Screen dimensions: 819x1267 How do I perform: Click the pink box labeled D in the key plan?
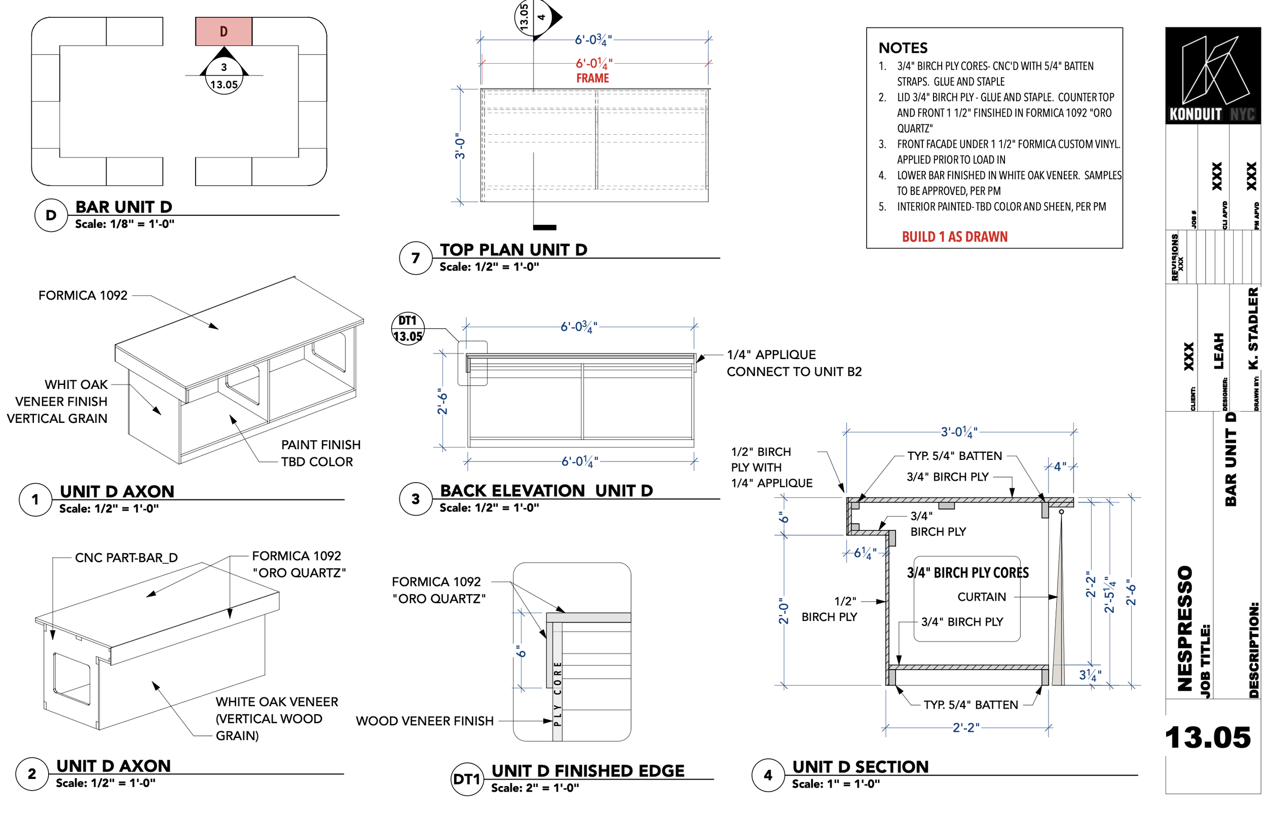click(223, 31)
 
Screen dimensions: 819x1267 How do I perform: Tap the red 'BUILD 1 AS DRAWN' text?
click(954, 237)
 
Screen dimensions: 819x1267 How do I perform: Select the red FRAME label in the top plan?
click(592, 78)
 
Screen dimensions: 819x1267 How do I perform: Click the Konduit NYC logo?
click(1212, 75)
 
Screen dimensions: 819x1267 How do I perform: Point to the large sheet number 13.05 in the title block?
click(1207, 737)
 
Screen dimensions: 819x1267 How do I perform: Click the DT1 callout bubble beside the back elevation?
click(407, 328)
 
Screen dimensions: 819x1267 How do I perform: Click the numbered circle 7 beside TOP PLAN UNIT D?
click(416, 258)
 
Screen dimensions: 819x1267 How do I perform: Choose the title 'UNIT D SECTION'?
click(860, 766)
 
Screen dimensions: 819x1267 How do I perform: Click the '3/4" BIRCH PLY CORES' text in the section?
click(967, 573)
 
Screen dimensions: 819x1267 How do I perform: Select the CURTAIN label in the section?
click(981, 597)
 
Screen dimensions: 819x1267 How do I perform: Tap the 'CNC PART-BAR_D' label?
click(126, 557)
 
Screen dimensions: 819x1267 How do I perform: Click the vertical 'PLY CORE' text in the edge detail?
click(557, 694)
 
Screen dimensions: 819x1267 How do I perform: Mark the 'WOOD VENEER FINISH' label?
click(425, 721)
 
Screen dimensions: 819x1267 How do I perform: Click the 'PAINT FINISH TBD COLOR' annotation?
click(320, 453)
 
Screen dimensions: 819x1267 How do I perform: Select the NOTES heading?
click(903, 48)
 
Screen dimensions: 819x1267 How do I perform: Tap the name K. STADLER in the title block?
click(1253, 328)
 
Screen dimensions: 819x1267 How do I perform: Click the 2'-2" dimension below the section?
click(965, 727)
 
